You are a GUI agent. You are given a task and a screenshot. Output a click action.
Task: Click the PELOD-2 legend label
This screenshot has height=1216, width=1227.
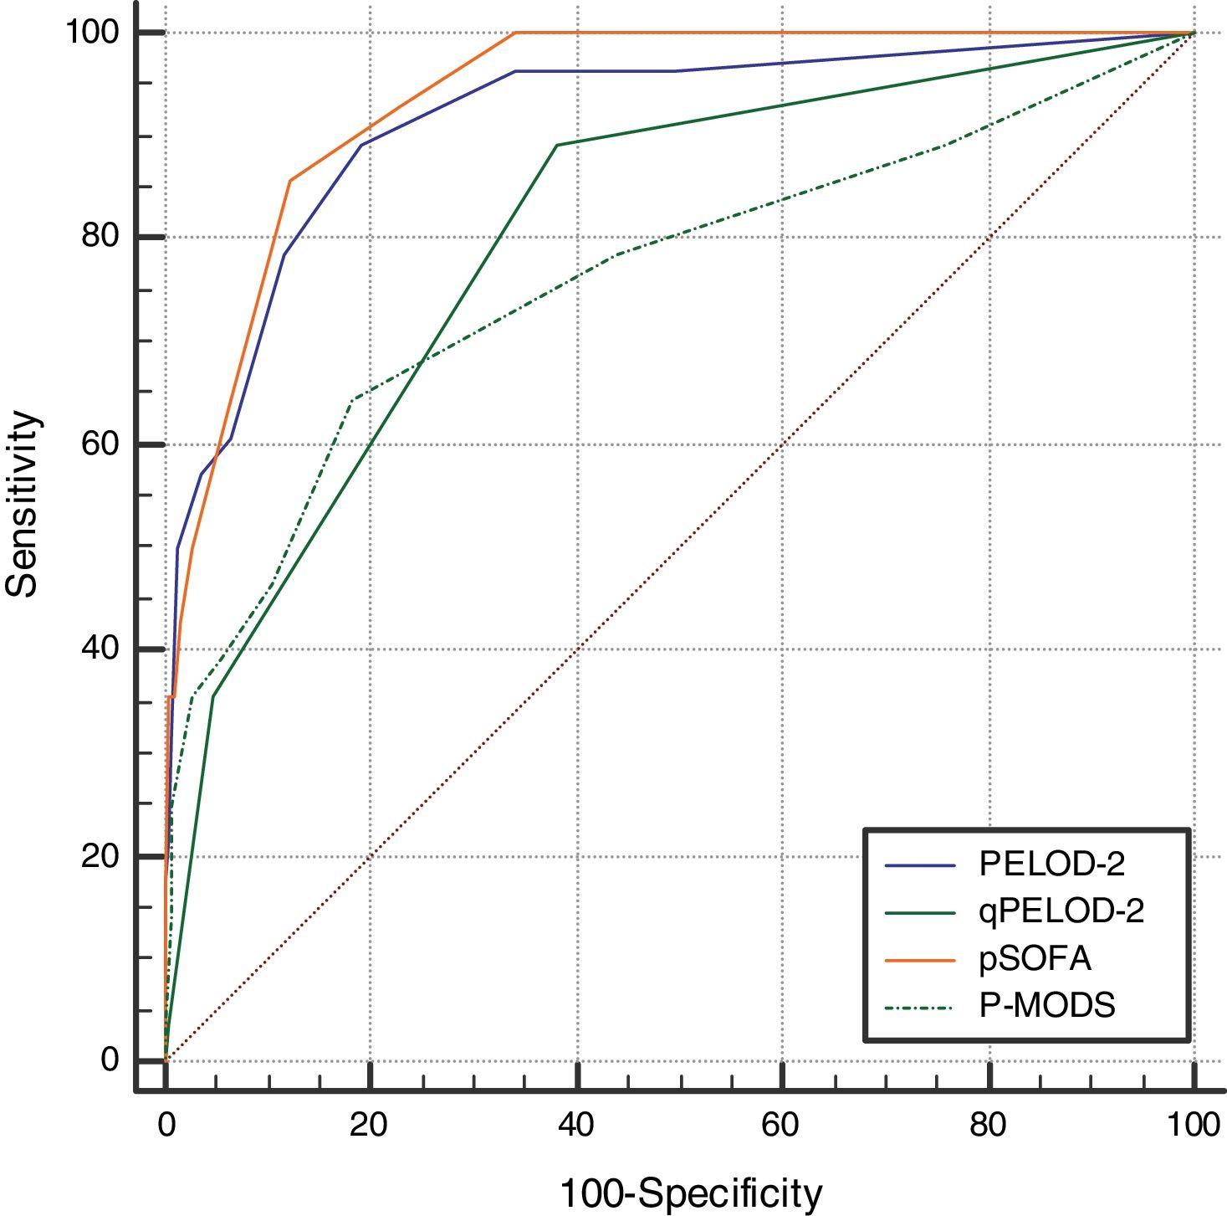click(1051, 864)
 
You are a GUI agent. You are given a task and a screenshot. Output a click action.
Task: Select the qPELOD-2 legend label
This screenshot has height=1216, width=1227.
click(1061, 911)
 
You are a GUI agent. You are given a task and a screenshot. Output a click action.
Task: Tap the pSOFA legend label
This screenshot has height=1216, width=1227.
click(1035, 958)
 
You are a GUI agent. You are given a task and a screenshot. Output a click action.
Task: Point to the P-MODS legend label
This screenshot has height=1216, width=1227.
click(1046, 1004)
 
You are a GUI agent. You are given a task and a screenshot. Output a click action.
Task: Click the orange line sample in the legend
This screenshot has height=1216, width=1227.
click(919, 959)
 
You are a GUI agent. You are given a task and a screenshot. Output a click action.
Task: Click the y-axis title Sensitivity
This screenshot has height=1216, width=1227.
click(23, 503)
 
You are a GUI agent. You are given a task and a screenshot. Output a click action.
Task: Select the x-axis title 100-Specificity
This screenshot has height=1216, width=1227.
click(690, 1193)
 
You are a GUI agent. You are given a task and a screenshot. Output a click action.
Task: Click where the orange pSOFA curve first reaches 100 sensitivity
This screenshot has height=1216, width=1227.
click(515, 33)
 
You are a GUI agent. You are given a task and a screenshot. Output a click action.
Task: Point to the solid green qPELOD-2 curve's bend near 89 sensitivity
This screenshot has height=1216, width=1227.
click(556, 145)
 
